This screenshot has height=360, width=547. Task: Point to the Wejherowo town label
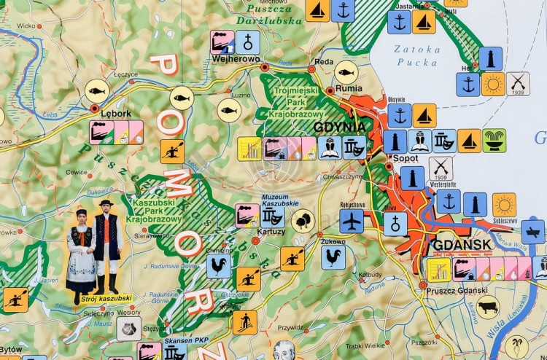(236, 59)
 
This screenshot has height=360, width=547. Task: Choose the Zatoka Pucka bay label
(417, 56)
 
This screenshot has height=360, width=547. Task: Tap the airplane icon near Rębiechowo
(352, 221)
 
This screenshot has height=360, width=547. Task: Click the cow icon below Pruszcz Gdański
(488, 306)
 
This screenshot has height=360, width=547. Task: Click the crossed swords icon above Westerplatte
(441, 168)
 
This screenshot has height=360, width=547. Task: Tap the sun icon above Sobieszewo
(504, 205)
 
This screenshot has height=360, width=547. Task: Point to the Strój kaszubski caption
(106, 298)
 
